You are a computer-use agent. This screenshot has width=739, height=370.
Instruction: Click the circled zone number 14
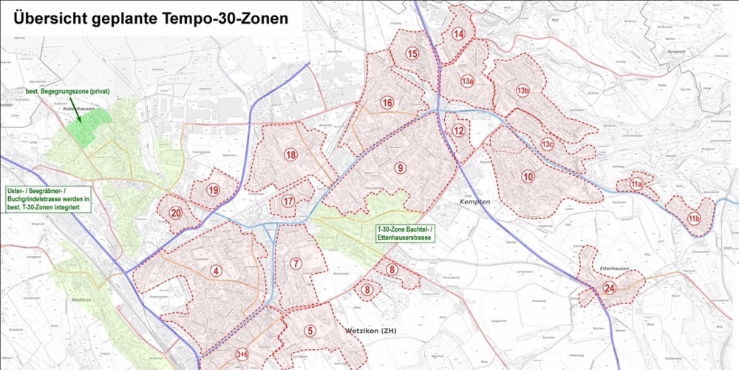pyautogui.click(x=458, y=33)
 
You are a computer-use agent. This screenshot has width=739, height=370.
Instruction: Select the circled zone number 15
pyautogui.click(x=412, y=53)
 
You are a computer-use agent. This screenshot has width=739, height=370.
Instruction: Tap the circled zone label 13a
pyautogui.click(x=467, y=81)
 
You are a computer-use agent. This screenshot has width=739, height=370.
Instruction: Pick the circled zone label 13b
pyautogui.click(x=523, y=91)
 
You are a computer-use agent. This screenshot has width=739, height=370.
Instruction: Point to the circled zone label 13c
pyautogui.click(x=547, y=144)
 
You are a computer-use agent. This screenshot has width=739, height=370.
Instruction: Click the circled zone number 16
pyautogui.click(x=386, y=103)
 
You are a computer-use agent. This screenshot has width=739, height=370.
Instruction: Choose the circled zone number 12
pyautogui.click(x=459, y=131)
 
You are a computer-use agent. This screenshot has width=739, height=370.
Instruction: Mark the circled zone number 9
pyautogui.click(x=400, y=168)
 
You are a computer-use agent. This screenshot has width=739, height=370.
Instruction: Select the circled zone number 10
pyautogui.click(x=528, y=176)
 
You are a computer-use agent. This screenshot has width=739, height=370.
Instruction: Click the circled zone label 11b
pyautogui.click(x=693, y=218)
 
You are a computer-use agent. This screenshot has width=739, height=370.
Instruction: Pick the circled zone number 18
pyautogui.click(x=290, y=155)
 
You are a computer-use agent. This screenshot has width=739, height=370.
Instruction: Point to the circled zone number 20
pyautogui.click(x=176, y=213)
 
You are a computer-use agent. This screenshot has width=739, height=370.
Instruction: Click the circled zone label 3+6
pyautogui.click(x=242, y=354)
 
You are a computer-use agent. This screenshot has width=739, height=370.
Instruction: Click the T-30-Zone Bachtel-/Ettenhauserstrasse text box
pyautogui.click(x=405, y=234)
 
